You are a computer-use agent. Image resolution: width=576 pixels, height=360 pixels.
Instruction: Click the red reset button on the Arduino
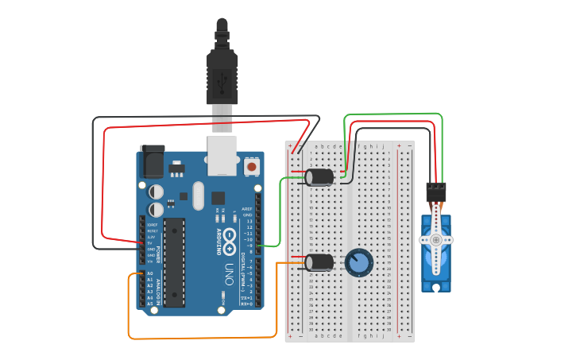pyautogui.click(x=252, y=166)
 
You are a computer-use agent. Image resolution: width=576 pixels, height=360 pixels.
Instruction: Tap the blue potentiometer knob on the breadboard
pyautogui.click(x=358, y=261)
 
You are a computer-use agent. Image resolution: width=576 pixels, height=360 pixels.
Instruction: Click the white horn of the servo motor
pyautogui.click(x=435, y=239)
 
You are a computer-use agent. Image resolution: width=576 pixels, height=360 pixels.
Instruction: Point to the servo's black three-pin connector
pyautogui.click(x=435, y=192)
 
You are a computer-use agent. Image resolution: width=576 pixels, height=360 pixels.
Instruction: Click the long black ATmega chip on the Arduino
pyautogui.click(x=175, y=262)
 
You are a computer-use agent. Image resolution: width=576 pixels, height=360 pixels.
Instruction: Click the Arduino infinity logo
pyautogui.click(x=229, y=236)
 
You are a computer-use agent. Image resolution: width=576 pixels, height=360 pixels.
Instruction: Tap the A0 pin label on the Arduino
pyautogui.click(x=149, y=273)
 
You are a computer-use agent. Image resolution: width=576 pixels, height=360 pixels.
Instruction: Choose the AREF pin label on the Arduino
pyautogui.click(x=247, y=209)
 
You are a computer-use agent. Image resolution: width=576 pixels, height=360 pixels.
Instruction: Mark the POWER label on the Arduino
pyautogui.click(x=157, y=253)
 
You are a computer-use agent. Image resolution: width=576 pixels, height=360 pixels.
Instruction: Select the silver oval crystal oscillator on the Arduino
pyautogui.click(x=198, y=195)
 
